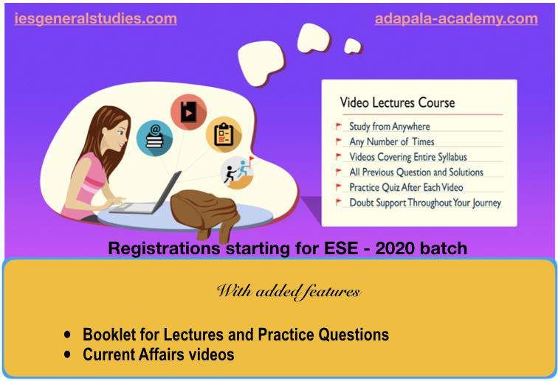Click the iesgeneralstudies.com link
coord(95,19)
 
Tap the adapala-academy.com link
coord(456,19)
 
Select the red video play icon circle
coord(189,112)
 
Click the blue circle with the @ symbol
coord(154,138)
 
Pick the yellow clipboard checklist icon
coord(224,134)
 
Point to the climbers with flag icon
coord(238,172)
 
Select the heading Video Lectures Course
coord(397,102)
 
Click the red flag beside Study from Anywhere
coord(339,126)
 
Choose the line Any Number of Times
coord(392,141)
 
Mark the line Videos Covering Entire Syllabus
coord(408,157)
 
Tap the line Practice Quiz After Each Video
coord(406,187)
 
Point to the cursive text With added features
coord(289,292)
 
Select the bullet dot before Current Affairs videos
coord(67,354)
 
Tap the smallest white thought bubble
coord(352,46)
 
